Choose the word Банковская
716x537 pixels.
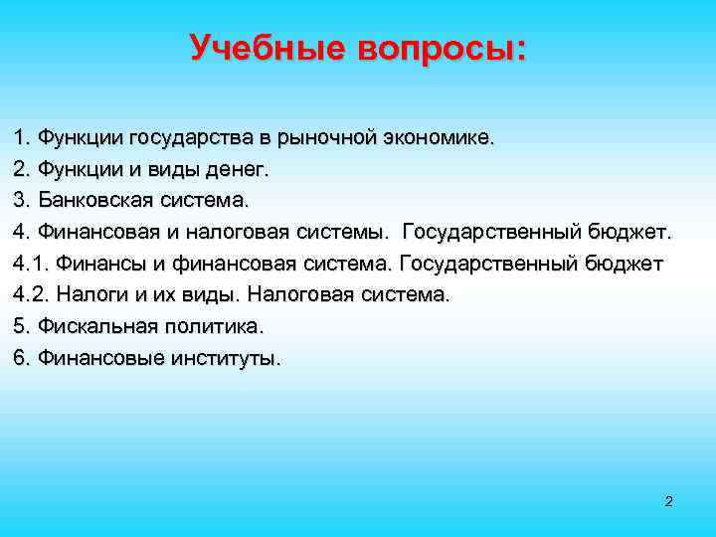tap(95, 201)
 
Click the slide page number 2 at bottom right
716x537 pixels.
tap(668, 501)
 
